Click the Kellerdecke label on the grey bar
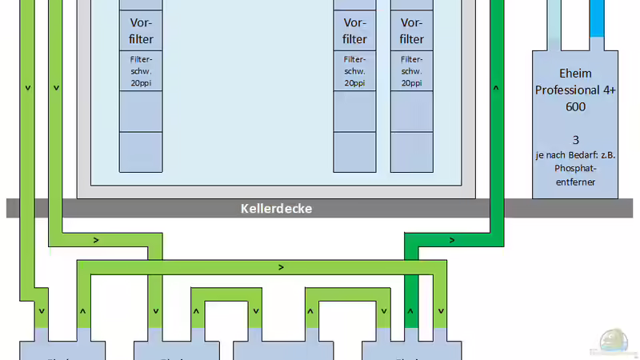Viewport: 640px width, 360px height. click(x=276, y=209)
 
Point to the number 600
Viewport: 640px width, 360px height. click(x=575, y=106)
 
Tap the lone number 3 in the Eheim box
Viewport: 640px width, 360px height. click(x=575, y=139)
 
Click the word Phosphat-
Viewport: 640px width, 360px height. click(x=575, y=169)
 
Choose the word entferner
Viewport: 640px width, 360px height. click(x=575, y=182)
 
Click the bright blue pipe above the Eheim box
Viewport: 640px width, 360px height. click(x=596, y=24)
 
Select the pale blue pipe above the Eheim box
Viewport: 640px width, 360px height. click(x=554, y=24)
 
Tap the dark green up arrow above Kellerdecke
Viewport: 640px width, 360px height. click(x=497, y=88)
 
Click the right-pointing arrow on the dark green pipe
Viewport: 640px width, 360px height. click(x=452, y=240)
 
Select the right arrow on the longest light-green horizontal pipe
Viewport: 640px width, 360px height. click(x=280, y=266)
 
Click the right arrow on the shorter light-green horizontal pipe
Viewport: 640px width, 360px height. click(x=96, y=240)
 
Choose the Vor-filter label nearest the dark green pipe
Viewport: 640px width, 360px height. click(x=412, y=30)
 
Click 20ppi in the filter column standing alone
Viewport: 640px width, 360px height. click(x=141, y=82)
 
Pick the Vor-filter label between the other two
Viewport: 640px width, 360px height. click(x=354, y=30)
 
